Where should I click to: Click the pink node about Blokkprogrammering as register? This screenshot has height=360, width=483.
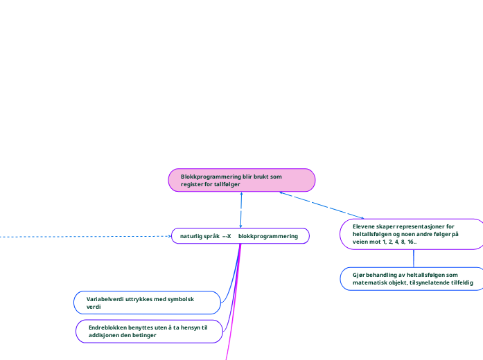tap(241, 180)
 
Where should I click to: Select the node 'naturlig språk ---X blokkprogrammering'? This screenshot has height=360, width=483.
tap(240, 236)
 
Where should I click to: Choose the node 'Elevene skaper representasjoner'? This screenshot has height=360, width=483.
tap(412, 234)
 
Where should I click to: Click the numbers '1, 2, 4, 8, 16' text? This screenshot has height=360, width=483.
tap(395, 242)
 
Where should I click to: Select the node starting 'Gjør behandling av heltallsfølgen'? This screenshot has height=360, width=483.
tap(412, 278)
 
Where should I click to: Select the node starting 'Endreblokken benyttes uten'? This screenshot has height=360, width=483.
tap(148, 331)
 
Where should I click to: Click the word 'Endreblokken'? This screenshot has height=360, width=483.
tap(108, 327)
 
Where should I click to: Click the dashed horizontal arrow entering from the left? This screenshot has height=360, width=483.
tap(83, 237)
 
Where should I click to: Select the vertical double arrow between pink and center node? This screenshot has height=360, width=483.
tap(240, 210)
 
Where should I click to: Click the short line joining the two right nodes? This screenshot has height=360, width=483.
tap(414, 258)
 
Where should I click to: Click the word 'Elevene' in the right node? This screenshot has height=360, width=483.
tap(365, 226)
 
